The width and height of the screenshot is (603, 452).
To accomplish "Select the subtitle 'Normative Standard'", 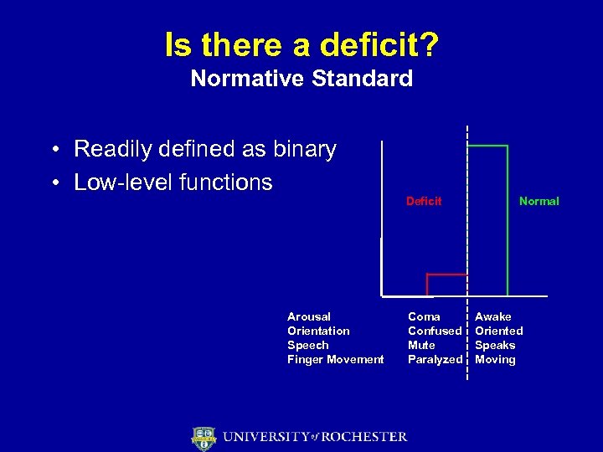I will tap(301, 79).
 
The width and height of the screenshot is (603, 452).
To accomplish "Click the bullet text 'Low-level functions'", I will tap(173, 182).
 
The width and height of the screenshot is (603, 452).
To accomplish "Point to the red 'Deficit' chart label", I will tap(424, 201).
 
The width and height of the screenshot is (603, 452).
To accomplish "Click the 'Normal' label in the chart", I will tap(539, 201).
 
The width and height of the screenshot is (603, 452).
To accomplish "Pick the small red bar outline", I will tap(446, 275).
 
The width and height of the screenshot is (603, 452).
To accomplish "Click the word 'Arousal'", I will tap(309, 316).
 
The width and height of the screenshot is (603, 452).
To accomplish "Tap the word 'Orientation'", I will tap(318, 331).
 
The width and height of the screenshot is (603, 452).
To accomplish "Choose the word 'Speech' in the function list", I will tap(307, 345).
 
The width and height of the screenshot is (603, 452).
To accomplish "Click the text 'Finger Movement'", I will tap(335, 359).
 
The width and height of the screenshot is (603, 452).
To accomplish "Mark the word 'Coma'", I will tap(424, 316).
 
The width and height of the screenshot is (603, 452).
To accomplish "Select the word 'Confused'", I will tap(435, 331).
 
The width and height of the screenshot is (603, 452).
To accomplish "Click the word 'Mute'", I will tap(421, 345).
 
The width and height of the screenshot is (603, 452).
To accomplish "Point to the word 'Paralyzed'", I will tap(435, 359).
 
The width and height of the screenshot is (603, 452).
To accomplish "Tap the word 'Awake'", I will tap(493, 316).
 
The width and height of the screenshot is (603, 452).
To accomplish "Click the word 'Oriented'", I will tap(499, 331).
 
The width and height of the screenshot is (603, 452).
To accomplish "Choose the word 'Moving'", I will tap(495, 359).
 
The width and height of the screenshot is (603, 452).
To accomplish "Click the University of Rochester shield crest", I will tap(204, 437).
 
